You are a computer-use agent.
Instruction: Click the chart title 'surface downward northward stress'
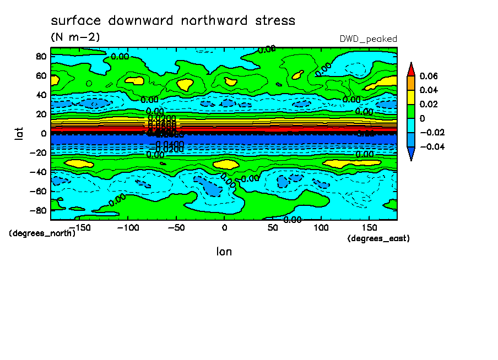pos(173,21)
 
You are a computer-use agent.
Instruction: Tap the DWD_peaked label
pos(369,39)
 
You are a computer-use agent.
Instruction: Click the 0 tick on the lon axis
pos(224,227)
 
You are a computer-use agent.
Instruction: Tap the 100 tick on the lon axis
pos(321,227)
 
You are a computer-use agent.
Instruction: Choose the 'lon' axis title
pos(224,252)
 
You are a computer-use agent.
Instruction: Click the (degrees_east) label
pos(378,238)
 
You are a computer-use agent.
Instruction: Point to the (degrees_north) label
pos(42,233)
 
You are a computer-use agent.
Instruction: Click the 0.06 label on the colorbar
pos(428,76)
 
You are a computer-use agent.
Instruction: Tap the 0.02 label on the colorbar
pos(428,105)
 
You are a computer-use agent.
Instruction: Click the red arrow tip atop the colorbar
pos(411,69)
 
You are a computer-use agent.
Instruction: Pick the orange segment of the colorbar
pos(411,83)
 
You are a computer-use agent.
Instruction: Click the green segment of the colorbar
pos(411,111)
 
